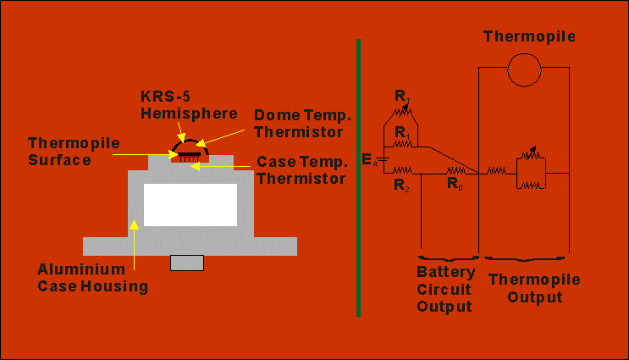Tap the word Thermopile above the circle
coord(529,36)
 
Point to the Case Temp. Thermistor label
coord(301,169)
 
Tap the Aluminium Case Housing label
coord(93,278)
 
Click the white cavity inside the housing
coord(190,205)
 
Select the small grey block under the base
coord(187,263)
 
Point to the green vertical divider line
coord(359,176)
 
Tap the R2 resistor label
coord(400,185)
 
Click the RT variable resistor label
coord(403,96)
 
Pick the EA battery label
coord(367,160)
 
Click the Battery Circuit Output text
coord(444,289)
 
